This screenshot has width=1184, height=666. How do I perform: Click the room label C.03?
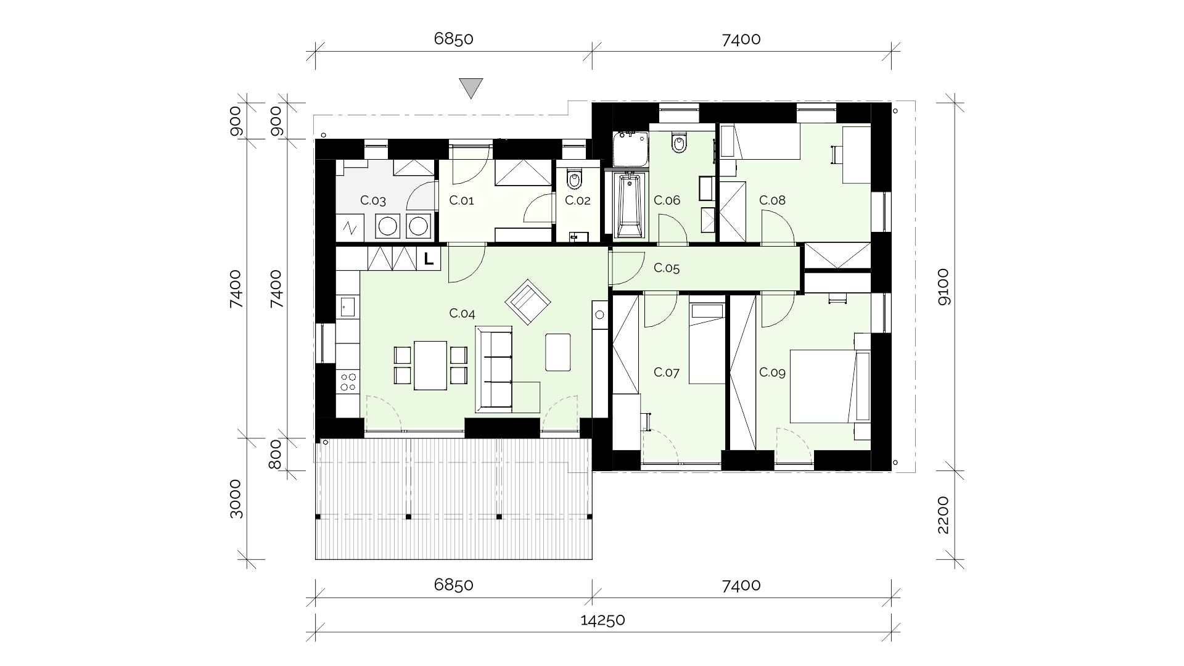tap(373, 200)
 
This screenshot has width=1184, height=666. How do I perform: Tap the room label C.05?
tap(667, 268)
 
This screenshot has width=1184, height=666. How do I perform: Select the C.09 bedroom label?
tap(772, 372)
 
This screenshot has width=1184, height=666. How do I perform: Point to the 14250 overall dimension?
tap(603, 620)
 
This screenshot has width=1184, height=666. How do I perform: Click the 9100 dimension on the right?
tap(944, 287)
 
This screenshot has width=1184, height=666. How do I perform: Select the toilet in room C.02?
tap(575, 178)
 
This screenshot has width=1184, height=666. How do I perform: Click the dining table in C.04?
tap(430, 366)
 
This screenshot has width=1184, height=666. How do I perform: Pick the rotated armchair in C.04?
tap(528, 302)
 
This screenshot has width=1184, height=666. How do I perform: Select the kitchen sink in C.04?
tap(347, 306)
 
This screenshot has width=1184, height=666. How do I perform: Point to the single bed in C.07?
tap(707, 343)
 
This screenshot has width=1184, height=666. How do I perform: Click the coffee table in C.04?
tap(558, 352)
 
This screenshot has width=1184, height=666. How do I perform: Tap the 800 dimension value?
tap(276, 454)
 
